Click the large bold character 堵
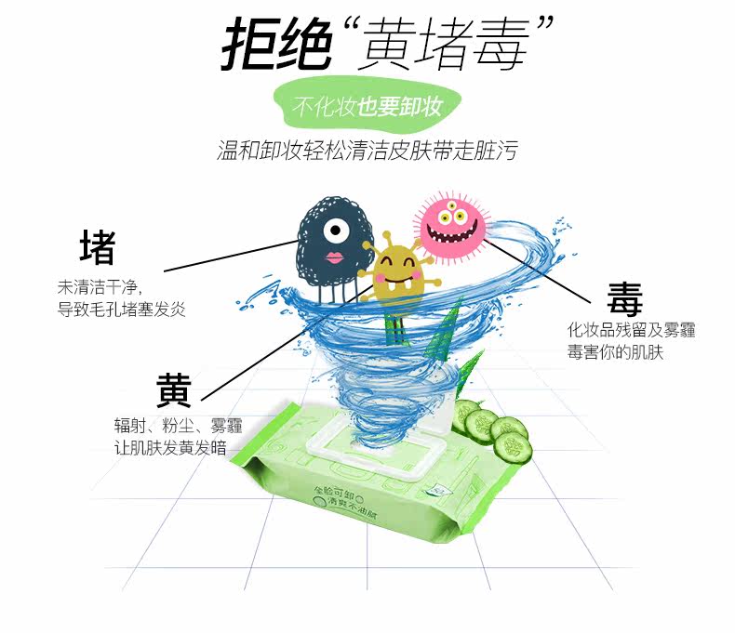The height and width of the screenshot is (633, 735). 97,248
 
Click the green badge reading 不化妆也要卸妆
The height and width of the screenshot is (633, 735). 367,107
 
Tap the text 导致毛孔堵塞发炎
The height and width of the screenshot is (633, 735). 122,309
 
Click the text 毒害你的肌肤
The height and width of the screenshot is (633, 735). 616,353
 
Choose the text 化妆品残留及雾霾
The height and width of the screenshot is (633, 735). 632,330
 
